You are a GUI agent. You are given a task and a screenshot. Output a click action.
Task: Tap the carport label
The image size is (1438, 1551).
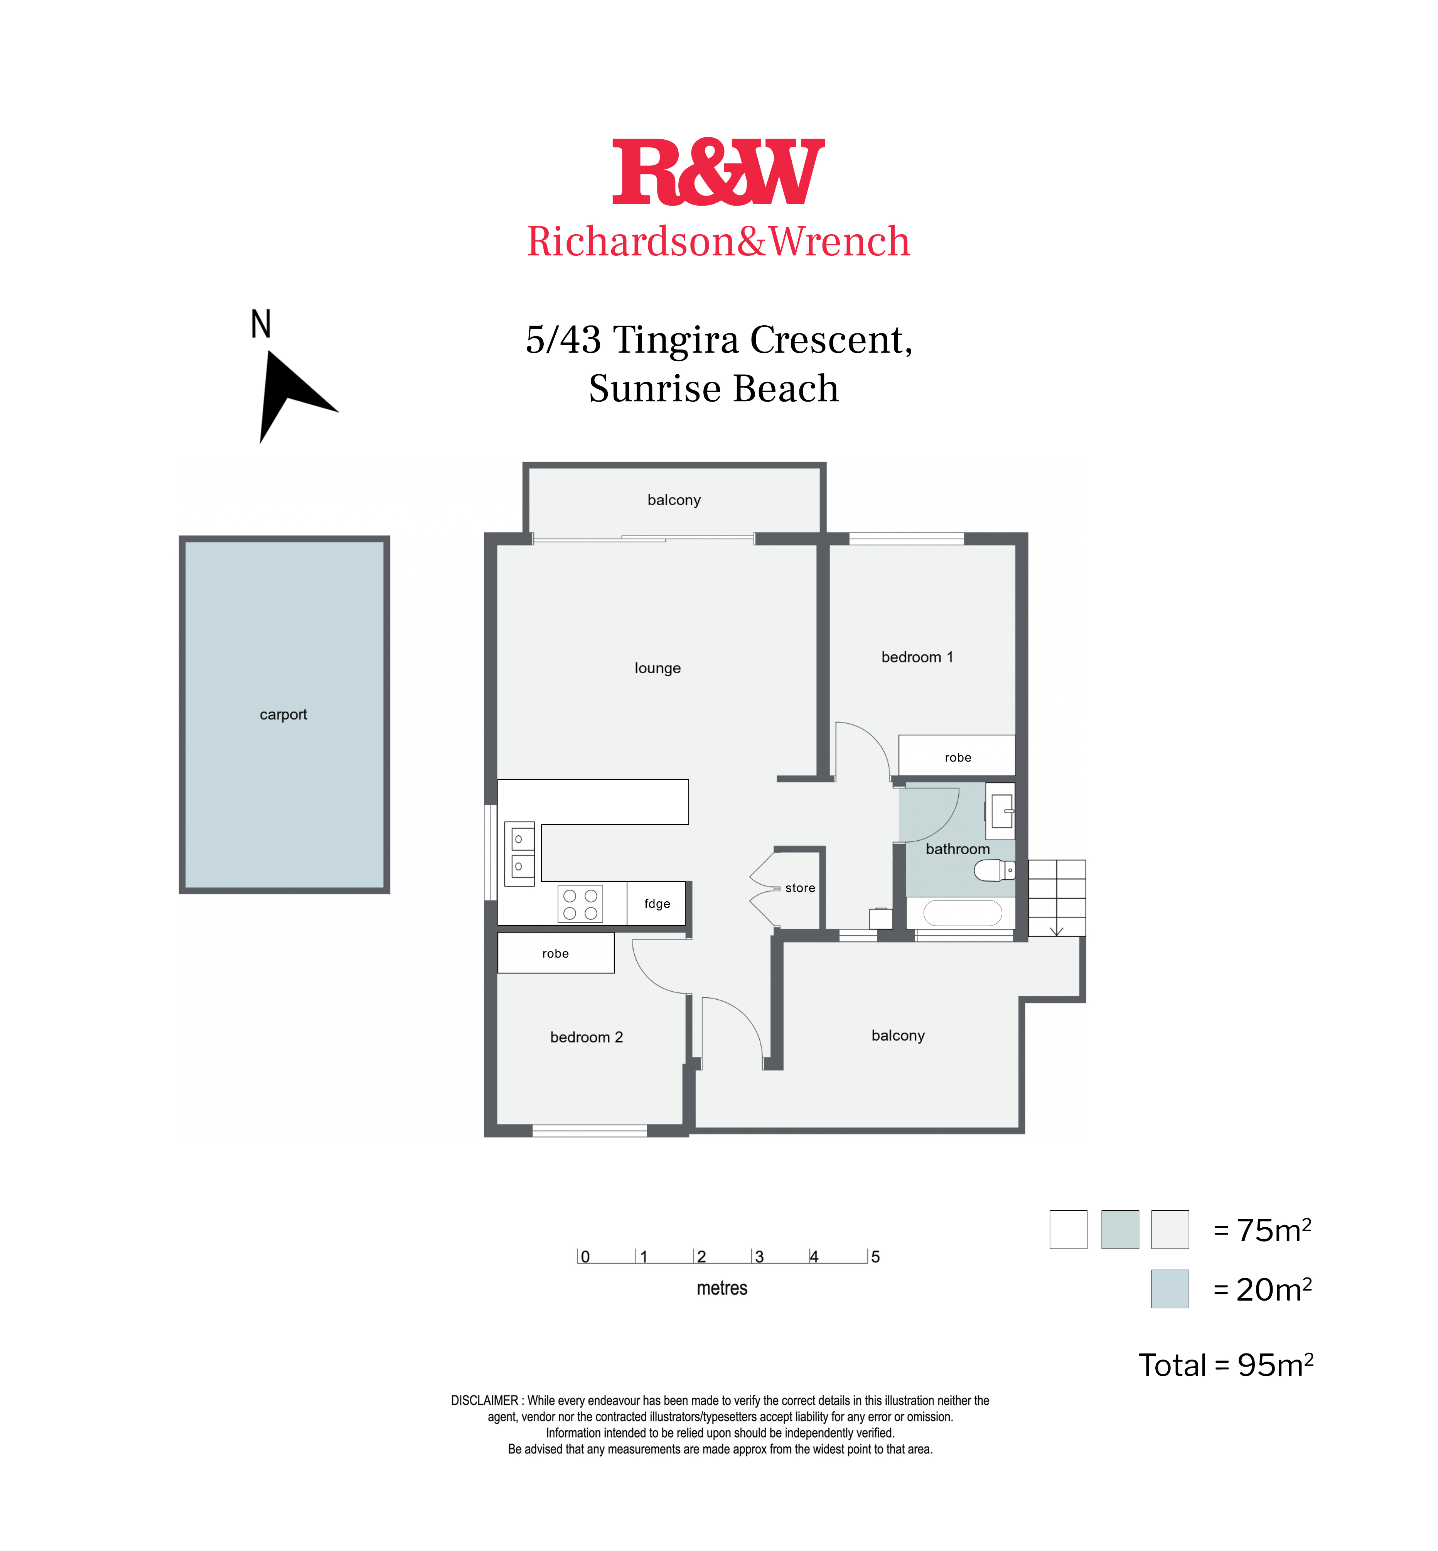tap(283, 715)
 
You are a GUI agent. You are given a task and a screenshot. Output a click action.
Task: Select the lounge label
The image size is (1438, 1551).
tap(657, 668)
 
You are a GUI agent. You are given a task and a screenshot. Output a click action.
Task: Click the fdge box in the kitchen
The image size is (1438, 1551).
tap(656, 903)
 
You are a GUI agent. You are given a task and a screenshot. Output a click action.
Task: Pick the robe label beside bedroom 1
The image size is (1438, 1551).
tap(958, 758)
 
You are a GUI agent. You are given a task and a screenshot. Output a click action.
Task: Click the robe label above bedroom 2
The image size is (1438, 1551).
tap(556, 954)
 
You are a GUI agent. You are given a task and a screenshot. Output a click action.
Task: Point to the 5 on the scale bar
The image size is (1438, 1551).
tap(875, 1257)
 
